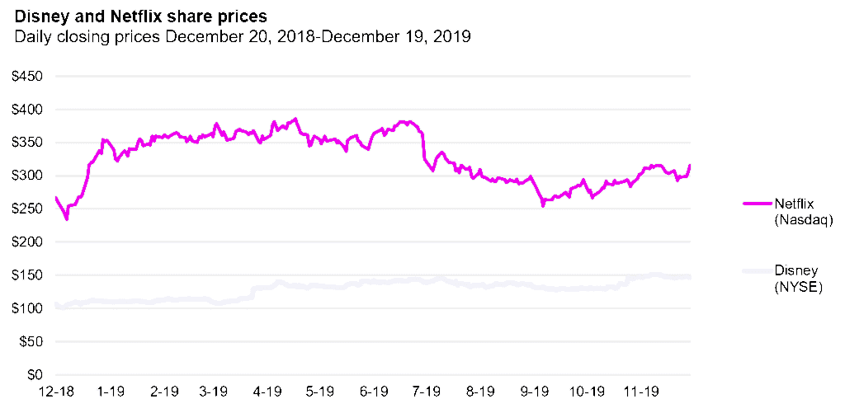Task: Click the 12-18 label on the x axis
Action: (x=55, y=391)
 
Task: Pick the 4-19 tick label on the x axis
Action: (x=268, y=391)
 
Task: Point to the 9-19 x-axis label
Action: (x=535, y=391)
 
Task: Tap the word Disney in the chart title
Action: (x=34, y=16)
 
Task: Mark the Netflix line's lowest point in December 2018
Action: (x=67, y=219)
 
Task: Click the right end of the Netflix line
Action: (x=690, y=166)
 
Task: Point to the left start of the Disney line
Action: (x=55, y=304)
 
